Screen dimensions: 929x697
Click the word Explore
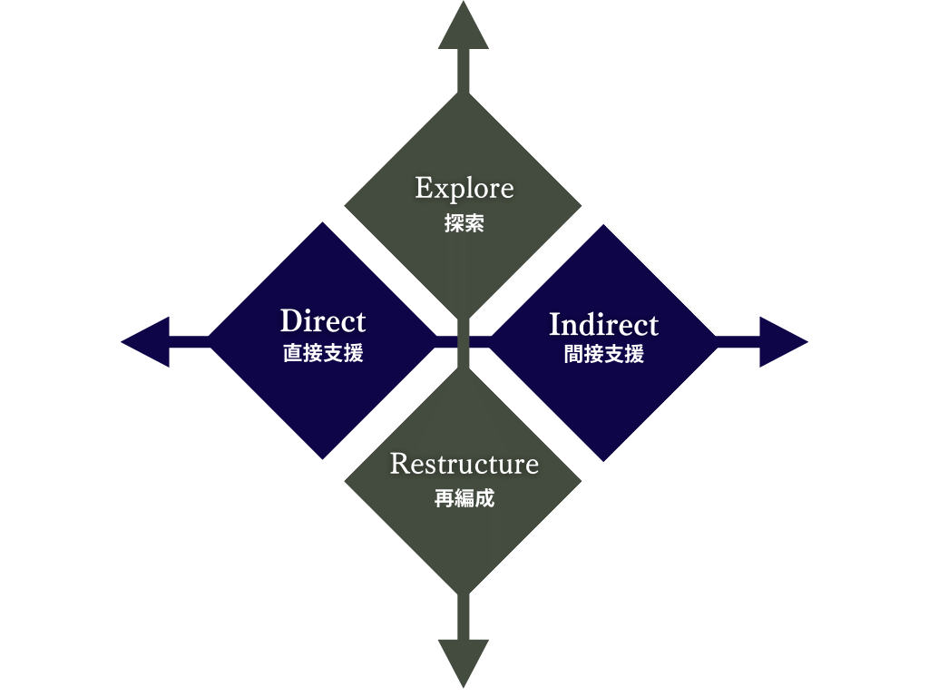(x=464, y=190)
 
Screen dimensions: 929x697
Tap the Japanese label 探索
(x=464, y=223)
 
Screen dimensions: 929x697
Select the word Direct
(x=323, y=321)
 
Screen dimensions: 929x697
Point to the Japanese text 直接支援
(x=323, y=353)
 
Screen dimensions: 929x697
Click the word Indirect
(x=603, y=324)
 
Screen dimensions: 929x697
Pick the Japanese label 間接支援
(x=603, y=355)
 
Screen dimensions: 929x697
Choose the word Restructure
(x=464, y=464)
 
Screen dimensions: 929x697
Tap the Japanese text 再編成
(x=464, y=498)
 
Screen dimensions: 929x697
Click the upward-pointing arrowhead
(x=464, y=26)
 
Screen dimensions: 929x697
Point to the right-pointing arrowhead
(x=783, y=342)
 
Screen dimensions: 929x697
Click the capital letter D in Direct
(x=290, y=321)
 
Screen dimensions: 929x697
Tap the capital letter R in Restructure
(x=400, y=464)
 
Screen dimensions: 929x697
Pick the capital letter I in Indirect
(x=555, y=324)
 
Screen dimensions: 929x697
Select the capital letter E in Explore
(x=424, y=188)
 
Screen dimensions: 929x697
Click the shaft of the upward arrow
(x=464, y=71)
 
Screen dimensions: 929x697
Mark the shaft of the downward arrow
(x=464, y=616)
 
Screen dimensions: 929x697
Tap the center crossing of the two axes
(x=464, y=342)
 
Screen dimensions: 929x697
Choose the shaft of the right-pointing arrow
(x=738, y=342)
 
